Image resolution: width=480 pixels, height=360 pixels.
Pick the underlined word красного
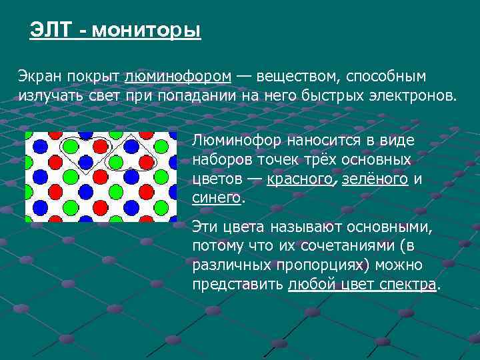(299, 179)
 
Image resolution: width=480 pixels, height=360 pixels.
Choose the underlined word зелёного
(375, 179)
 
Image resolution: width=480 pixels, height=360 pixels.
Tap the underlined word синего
(216, 198)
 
